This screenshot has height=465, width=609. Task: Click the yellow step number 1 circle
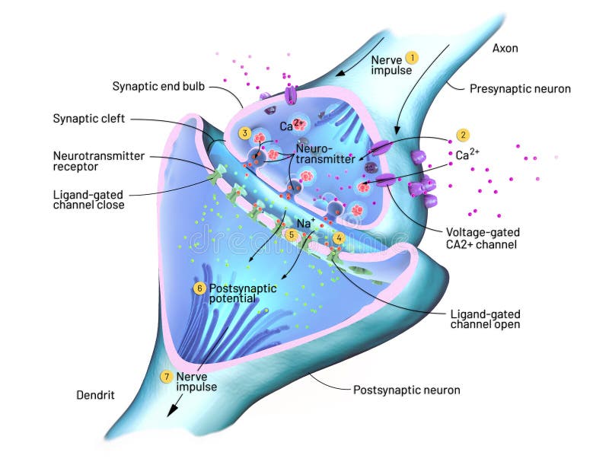click(x=412, y=57)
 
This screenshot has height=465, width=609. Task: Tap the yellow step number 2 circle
click(x=463, y=135)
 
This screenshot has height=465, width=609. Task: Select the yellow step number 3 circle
click(x=244, y=132)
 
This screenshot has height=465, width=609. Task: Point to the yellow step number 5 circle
click(x=290, y=235)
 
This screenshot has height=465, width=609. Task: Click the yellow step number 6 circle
click(x=199, y=288)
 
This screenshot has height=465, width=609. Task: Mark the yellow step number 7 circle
click(x=166, y=376)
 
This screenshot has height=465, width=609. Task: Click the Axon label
click(x=505, y=48)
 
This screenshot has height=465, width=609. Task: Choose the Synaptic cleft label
click(x=89, y=119)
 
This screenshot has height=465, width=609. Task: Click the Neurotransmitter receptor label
click(x=98, y=161)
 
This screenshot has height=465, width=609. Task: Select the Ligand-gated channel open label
click(x=485, y=319)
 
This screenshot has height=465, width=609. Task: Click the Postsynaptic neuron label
click(x=407, y=390)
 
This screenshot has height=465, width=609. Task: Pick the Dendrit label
click(x=96, y=395)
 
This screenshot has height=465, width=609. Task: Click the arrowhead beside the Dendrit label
click(x=173, y=410)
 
